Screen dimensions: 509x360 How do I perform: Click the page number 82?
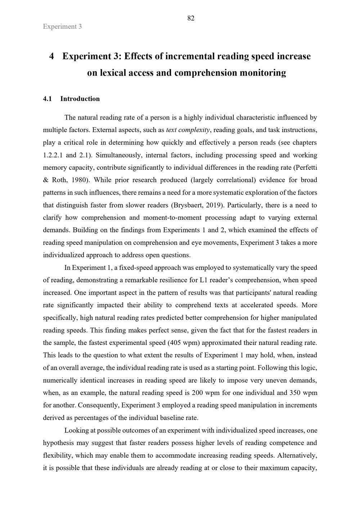pos(191,18)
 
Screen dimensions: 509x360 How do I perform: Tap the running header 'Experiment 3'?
pos(62,27)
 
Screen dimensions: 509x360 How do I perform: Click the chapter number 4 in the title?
pos(51,56)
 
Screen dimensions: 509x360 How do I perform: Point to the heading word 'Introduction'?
pos(80,99)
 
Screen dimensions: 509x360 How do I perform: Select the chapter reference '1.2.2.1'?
pos(53,155)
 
